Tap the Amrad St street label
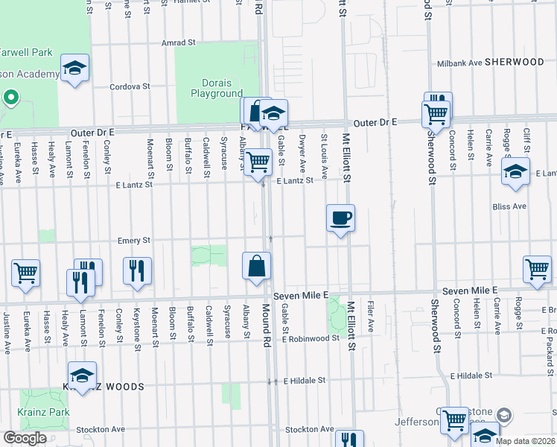pos(178,43)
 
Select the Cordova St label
pos(130,86)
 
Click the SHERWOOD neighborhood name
pos(515,63)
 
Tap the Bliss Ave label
pos(509,206)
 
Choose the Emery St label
pos(134,241)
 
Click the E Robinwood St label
pos(311,338)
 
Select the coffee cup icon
pos(340,218)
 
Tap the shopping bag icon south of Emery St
pos(256,266)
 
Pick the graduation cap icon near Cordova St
pos(74,69)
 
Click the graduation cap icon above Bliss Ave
pos(515,172)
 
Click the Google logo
pos(25,438)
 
